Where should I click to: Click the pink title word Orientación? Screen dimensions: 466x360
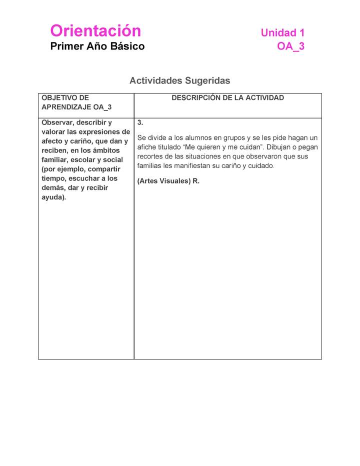(x=95, y=31)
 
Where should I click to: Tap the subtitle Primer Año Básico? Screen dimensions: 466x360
(x=97, y=46)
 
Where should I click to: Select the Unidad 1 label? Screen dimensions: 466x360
(x=282, y=33)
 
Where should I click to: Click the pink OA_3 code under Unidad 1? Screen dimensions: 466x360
(x=290, y=46)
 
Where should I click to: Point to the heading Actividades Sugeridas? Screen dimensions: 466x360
(x=179, y=80)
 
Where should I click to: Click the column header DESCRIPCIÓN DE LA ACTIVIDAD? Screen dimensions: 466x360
(x=227, y=98)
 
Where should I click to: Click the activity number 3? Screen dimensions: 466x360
(x=140, y=122)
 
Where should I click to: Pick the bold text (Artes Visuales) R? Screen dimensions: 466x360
(x=168, y=181)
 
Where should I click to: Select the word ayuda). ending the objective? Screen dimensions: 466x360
(x=53, y=197)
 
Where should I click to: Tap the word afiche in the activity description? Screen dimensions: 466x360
(x=147, y=147)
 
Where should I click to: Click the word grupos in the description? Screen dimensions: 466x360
(x=232, y=137)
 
